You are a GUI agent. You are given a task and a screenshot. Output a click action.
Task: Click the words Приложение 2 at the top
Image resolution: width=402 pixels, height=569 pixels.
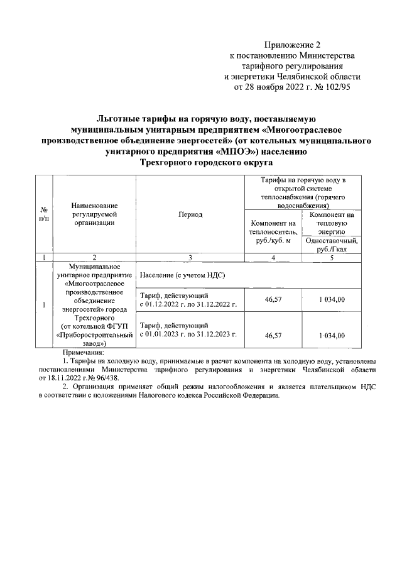[x=292, y=45]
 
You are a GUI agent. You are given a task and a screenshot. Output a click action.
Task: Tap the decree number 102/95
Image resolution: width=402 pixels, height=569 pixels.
[x=335, y=88]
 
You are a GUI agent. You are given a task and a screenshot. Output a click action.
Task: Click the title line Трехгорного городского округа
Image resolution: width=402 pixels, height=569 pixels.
[x=201, y=162]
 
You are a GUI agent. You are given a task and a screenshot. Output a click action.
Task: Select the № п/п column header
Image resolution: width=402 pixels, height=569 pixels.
[x=44, y=214]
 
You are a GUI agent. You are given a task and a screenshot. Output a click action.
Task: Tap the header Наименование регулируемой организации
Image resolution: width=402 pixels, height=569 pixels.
[x=94, y=214]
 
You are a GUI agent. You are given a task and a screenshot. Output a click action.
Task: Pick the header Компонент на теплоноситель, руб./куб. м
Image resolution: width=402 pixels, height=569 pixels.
[x=273, y=231]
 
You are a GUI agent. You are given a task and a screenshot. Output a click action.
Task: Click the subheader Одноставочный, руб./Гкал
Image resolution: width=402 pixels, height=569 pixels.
[x=331, y=244]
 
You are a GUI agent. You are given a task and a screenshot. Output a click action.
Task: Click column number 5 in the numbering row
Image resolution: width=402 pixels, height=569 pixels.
[x=331, y=257]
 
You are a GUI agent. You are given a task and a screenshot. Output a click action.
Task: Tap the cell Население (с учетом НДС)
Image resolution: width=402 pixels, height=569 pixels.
[x=183, y=275]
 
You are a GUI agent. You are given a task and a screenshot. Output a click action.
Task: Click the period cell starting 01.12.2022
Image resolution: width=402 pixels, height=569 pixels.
[x=188, y=300]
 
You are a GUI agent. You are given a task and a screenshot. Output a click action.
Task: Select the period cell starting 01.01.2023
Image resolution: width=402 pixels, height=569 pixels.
[x=188, y=330]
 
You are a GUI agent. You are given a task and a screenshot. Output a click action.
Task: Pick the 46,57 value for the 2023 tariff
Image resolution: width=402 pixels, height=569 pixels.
[x=273, y=335]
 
